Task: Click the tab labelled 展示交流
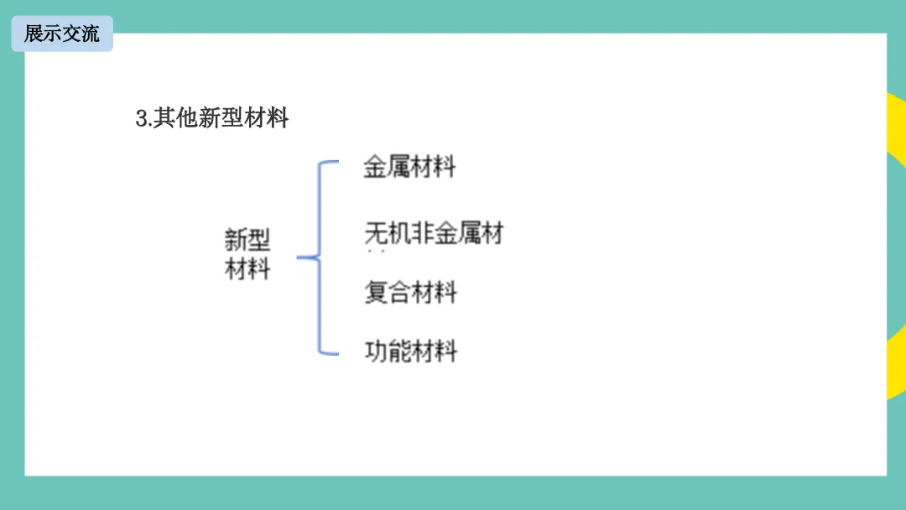61,34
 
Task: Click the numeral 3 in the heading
141,118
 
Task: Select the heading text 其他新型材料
221,118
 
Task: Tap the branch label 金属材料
409,166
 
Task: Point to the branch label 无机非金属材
434,232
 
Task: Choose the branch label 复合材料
410,293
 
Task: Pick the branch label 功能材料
410,351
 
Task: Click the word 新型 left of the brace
247,240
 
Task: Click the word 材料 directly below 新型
247,269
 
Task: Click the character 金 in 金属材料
375,166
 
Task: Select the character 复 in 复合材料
376,293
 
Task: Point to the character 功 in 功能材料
376,351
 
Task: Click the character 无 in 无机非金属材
376,232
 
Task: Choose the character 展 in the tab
34,34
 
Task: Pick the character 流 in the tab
90,34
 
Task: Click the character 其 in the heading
164,118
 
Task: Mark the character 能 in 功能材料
398,351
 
